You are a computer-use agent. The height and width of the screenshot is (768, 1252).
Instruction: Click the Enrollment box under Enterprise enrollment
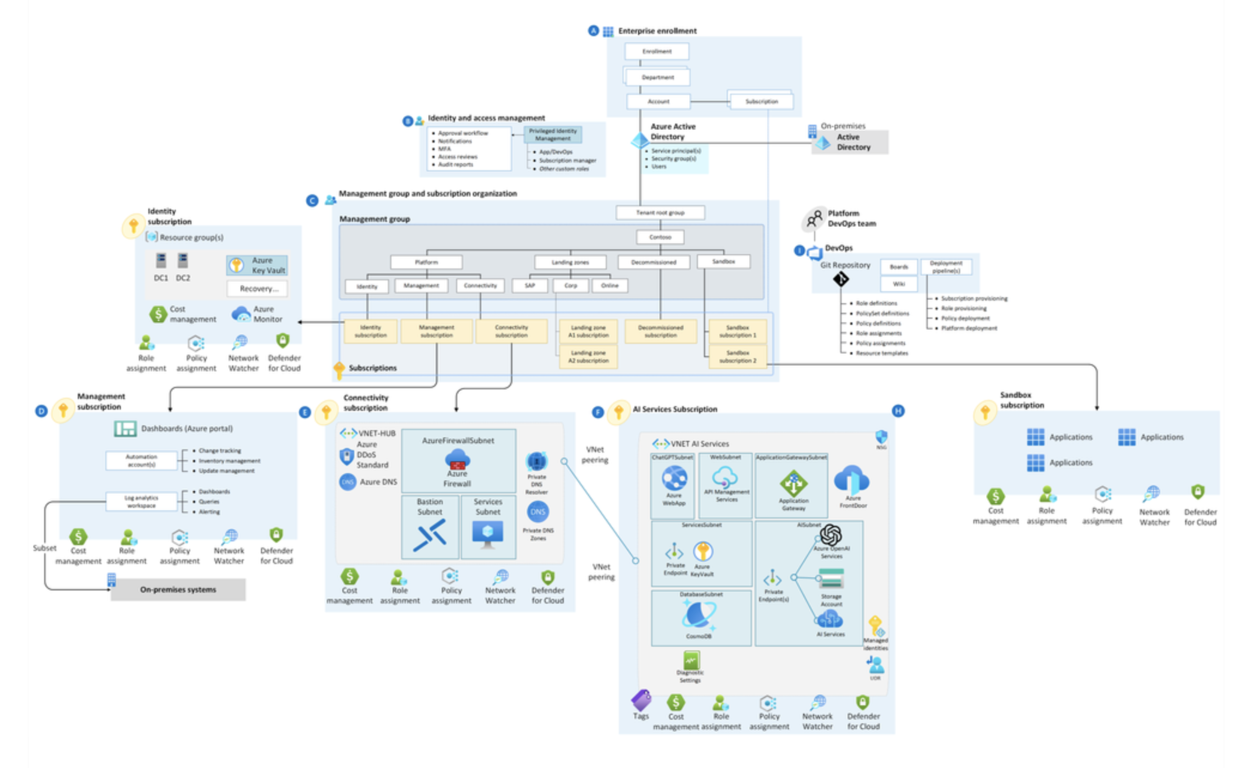[x=656, y=51]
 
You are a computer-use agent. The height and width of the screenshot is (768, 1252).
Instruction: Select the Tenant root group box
[x=660, y=212]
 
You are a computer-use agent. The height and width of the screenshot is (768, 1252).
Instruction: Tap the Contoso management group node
[x=660, y=237]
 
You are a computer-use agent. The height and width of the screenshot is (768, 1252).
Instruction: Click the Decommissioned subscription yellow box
[x=660, y=331]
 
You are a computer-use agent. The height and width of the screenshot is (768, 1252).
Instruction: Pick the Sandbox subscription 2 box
[x=737, y=356]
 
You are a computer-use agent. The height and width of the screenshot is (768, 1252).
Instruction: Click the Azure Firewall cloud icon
[x=457, y=459]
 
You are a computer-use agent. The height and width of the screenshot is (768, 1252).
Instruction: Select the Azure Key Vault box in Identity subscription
[x=257, y=265]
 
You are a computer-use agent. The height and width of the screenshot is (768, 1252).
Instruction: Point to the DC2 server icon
[x=183, y=260]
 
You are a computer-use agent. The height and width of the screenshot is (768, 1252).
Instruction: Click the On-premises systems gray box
[x=178, y=589]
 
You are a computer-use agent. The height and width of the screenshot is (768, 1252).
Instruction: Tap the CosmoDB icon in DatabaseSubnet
[x=698, y=615]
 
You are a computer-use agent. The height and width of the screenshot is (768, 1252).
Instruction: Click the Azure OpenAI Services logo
[x=831, y=534]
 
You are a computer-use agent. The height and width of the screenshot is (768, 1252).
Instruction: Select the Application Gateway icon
[x=793, y=484]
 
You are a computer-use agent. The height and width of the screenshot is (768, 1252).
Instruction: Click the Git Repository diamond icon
[x=841, y=279]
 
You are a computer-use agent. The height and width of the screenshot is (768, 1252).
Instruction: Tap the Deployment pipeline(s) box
[x=945, y=267]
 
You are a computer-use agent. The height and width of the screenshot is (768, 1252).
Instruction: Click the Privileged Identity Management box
[x=553, y=134]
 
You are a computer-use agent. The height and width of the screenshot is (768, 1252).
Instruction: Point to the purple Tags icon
[x=641, y=700]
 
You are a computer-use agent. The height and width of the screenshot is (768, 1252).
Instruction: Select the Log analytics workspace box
[x=141, y=501]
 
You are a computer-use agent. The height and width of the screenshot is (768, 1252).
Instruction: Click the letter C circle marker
[x=312, y=201]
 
